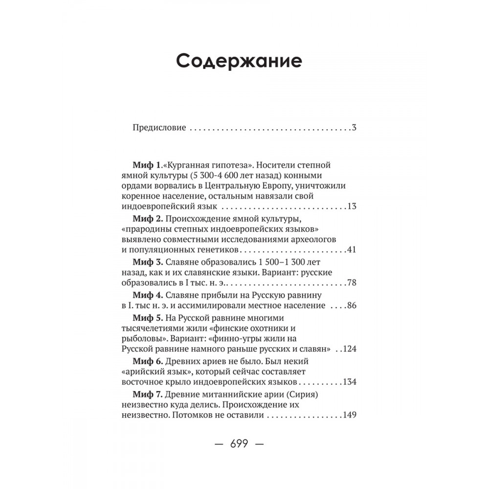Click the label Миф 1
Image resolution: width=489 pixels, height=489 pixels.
pos(146,165)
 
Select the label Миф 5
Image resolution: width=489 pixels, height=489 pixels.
pos(147,319)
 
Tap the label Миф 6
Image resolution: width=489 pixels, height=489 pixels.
pos(147,362)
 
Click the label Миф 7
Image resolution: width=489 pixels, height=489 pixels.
pos(147,395)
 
